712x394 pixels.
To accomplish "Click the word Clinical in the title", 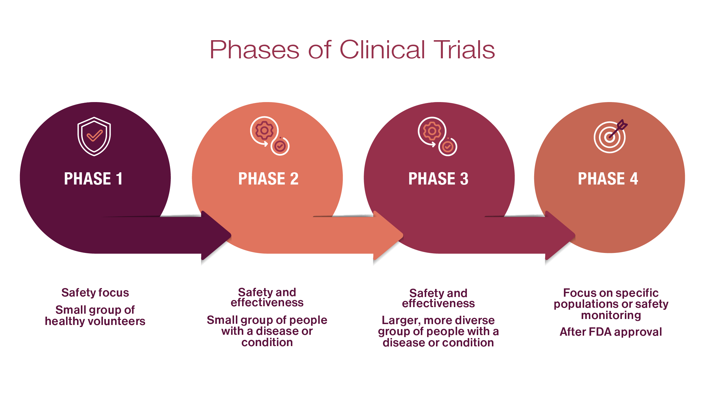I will click(382, 50).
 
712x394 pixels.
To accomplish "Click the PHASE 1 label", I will click(93, 179).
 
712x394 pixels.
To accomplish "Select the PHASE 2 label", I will click(268, 179).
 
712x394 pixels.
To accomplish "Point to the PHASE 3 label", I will click(438, 179).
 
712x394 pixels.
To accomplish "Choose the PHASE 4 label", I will click(608, 179).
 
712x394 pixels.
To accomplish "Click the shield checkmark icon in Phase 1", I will click(94, 136).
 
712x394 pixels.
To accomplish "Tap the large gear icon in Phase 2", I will click(264, 130).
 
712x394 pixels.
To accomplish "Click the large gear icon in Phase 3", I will click(432, 131).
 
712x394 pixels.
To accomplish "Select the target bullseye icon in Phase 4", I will click(609, 137).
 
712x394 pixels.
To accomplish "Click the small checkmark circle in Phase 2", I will click(280, 146).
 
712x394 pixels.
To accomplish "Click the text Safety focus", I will click(95, 293).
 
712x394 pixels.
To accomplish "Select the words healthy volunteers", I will click(95, 321).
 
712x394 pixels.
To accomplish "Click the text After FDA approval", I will click(611, 332).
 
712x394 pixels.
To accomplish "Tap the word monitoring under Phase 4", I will click(611, 315).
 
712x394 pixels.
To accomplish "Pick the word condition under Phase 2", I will click(267, 343).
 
